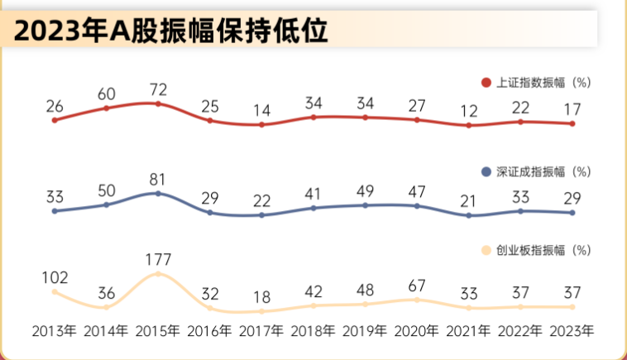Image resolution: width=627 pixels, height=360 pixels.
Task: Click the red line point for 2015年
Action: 158,104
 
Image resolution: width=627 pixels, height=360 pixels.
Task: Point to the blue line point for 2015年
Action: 158,194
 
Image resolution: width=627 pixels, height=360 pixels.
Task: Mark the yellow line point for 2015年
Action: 158,274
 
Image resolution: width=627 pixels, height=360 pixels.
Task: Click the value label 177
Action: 158,257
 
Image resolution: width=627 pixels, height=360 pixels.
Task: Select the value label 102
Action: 55,276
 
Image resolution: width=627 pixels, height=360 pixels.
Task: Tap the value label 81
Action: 158,177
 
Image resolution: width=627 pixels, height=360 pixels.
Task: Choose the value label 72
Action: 158,88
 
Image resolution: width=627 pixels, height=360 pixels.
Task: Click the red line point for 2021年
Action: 468,126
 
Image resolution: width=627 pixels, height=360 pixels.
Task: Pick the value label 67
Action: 417,286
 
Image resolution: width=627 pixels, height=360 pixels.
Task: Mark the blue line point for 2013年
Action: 55,211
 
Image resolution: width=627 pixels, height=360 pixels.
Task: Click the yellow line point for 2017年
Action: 261,311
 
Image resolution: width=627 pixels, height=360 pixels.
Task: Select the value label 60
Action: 107,93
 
